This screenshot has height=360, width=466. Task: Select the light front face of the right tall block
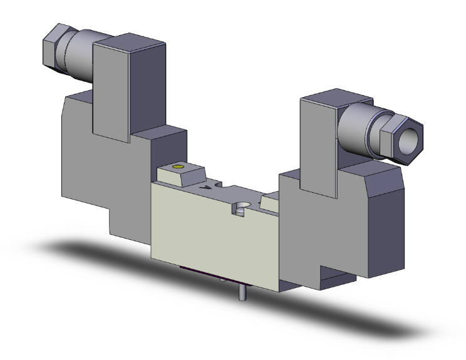[x=318, y=147]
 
